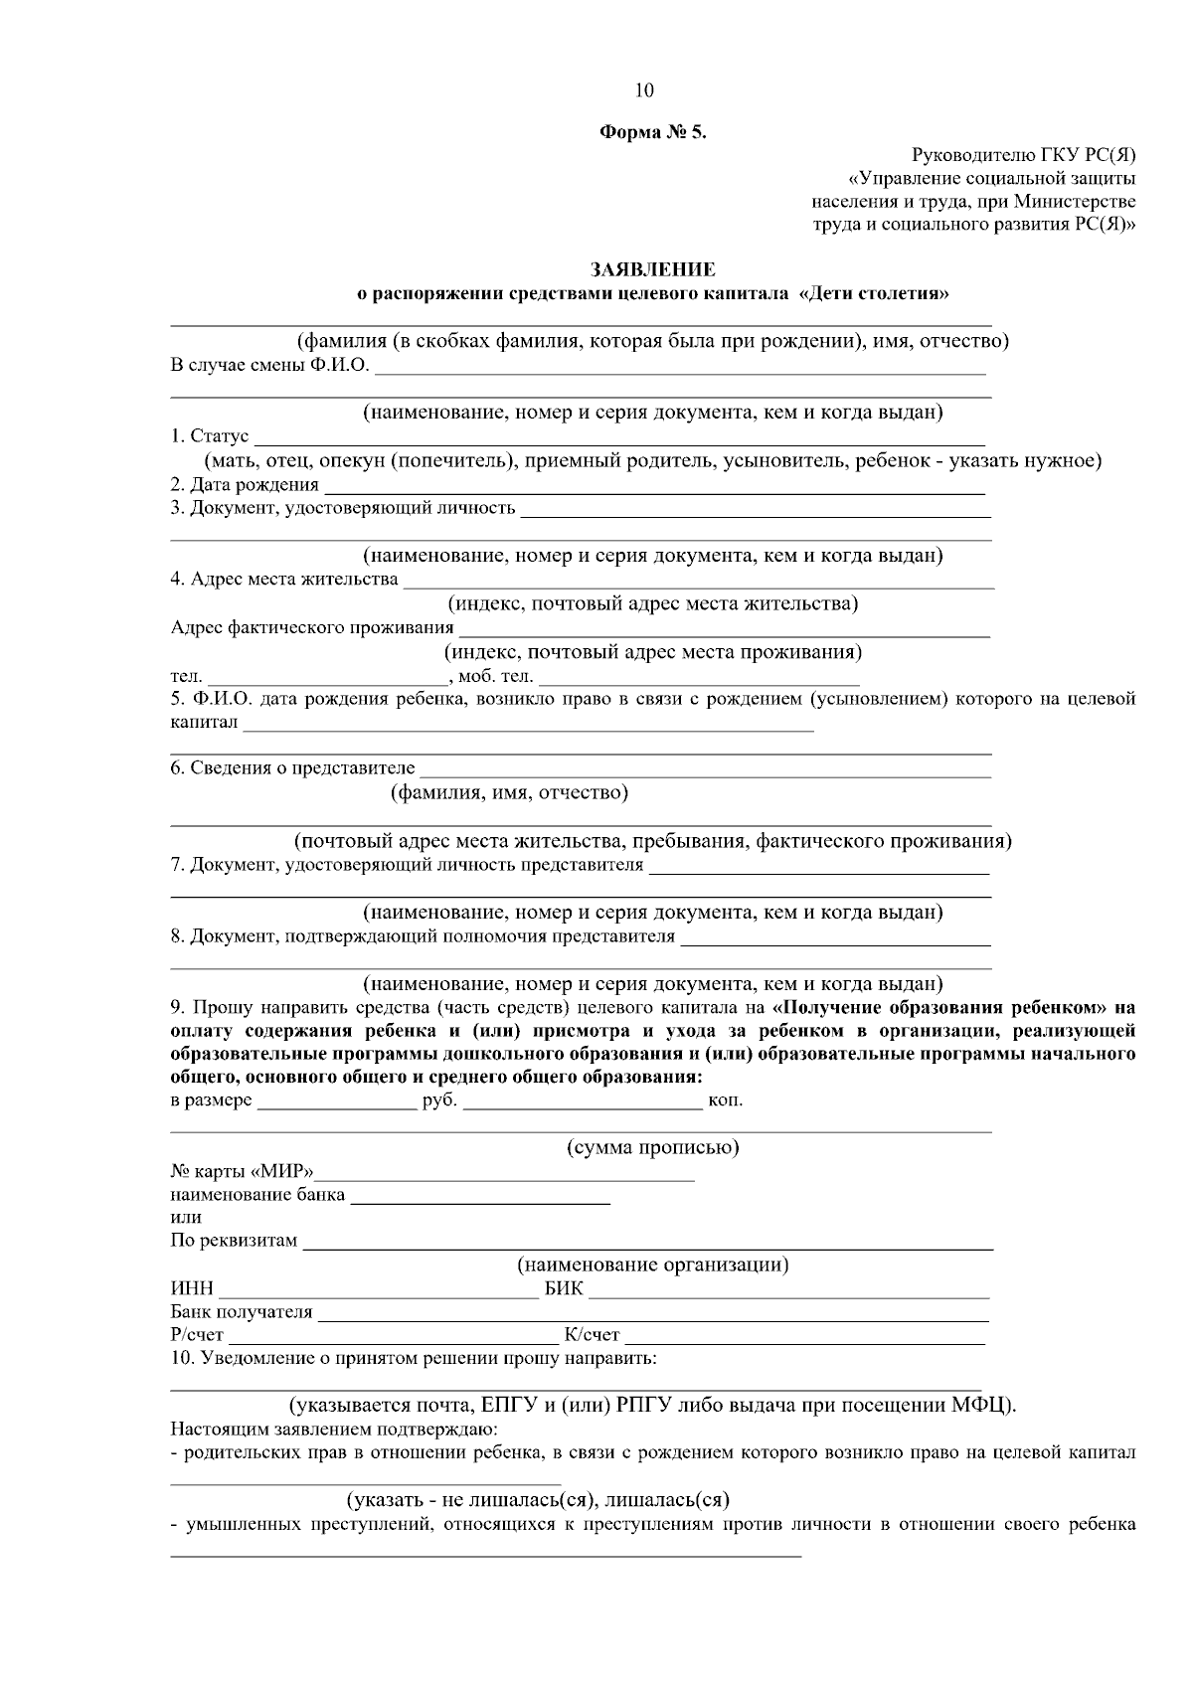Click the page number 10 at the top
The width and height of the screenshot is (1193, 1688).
pos(644,90)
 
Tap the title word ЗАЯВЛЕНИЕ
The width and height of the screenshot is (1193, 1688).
pos(652,269)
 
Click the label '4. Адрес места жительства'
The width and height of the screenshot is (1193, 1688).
pos(284,580)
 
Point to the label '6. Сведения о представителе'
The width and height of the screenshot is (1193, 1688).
pos(292,768)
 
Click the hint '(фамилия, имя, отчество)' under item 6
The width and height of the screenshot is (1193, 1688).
pos(509,793)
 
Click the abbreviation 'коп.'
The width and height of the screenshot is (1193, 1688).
pos(725,1101)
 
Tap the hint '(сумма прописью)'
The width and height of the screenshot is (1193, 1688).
pos(652,1148)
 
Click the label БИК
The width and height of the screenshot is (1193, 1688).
pos(564,1290)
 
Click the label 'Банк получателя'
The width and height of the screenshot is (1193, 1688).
pos(242,1313)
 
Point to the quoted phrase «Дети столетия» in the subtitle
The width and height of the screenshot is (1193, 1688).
pos(872,294)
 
